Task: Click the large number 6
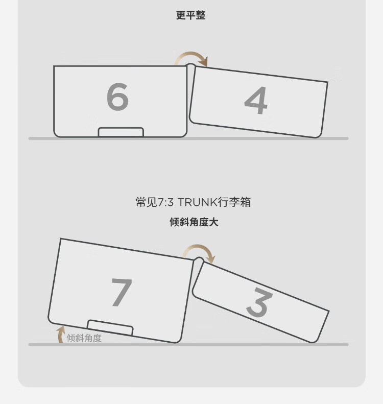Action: pyautogui.click(x=117, y=97)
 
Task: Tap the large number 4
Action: pyautogui.click(x=256, y=100)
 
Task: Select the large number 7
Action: pyautogui.click(x=122, y=293)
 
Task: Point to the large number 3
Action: pyautogui.click(x=259, y=302)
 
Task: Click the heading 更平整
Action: pyautogui.click(x=191, y=15)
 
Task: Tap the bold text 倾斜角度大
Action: pyautogui.click(x=194, y=222)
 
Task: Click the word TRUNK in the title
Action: pyautogui.click(x=198, y=202)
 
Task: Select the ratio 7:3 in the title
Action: pyautogui.click(x=165, y=202)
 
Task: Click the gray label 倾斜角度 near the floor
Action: pyautogui.click(x=84, y=338)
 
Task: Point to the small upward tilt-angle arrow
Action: pyautogui.click(x=60, y=334)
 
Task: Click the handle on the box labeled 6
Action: pyautogui.click(x=121, y=132)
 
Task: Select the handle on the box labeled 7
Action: pyautogui.click(x=110, y=327)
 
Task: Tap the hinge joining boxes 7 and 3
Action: pyautogui.click(x=199, y=261)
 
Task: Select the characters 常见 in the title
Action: pyautogui.click(x=146, y=202)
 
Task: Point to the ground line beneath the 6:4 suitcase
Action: pyautogui.click(x=188, y=138)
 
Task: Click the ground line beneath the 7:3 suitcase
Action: pyautogui.click(x=188, y=345)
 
